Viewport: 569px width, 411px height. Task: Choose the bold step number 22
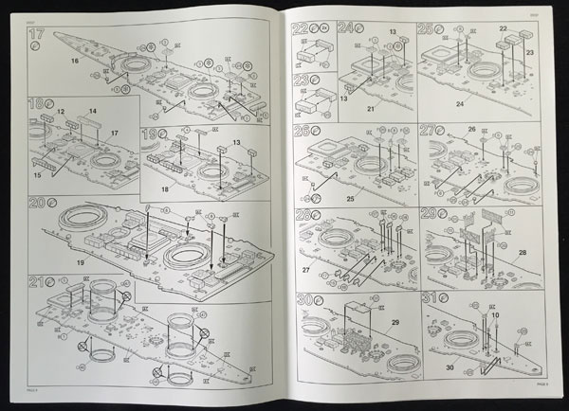301,29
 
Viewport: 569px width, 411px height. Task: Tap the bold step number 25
425,29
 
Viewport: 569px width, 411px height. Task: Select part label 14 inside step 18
92,111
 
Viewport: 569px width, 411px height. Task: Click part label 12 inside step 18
60,113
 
